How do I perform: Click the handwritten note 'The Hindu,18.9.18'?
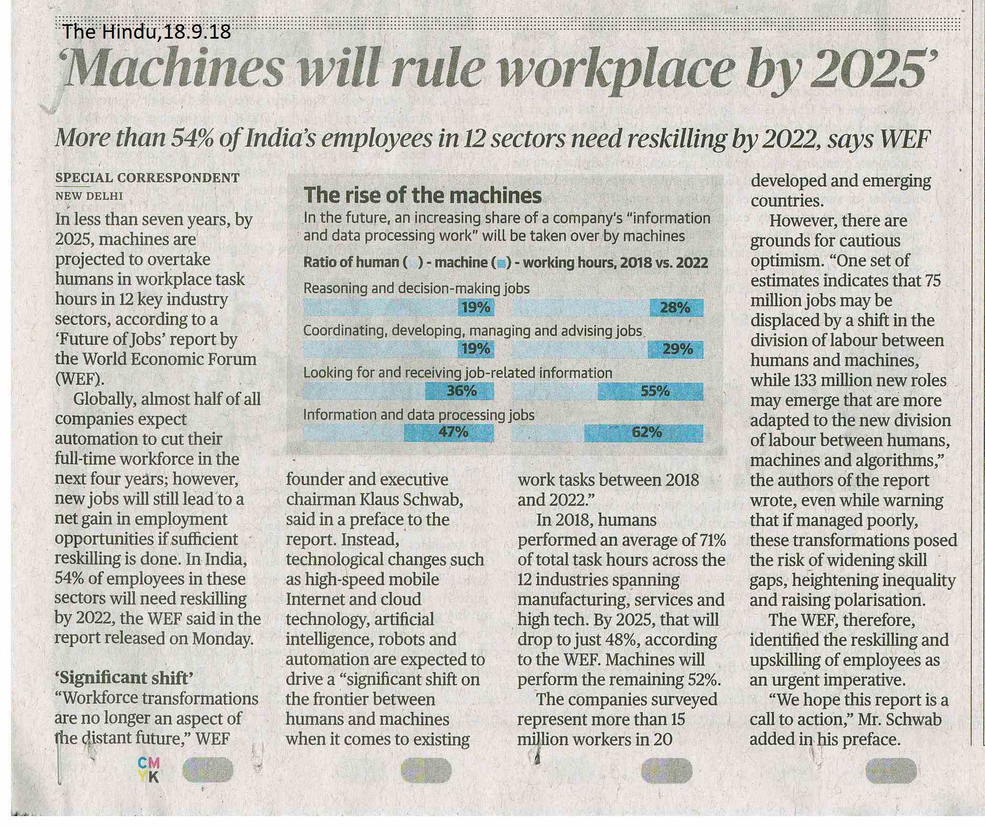[x=146, y=32]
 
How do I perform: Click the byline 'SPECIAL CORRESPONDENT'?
[x=147, y=178]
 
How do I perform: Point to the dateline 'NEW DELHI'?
[x=89, y=196]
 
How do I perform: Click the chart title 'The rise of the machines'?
[x=422, y=196]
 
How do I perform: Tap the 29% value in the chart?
[x=677, y=350]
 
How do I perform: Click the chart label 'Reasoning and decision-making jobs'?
[x=416, y=289]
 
